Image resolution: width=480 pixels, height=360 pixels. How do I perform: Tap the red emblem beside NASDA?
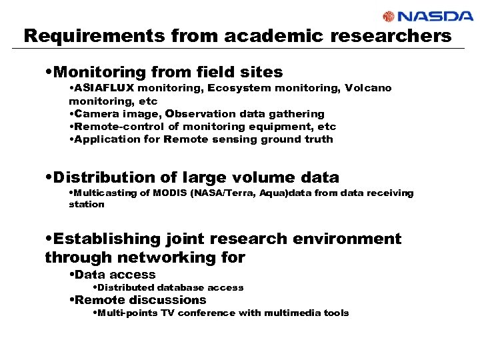[390, 17]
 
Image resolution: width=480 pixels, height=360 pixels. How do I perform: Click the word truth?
[317, 139]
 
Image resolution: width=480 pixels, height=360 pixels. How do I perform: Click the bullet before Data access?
[71, 275]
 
